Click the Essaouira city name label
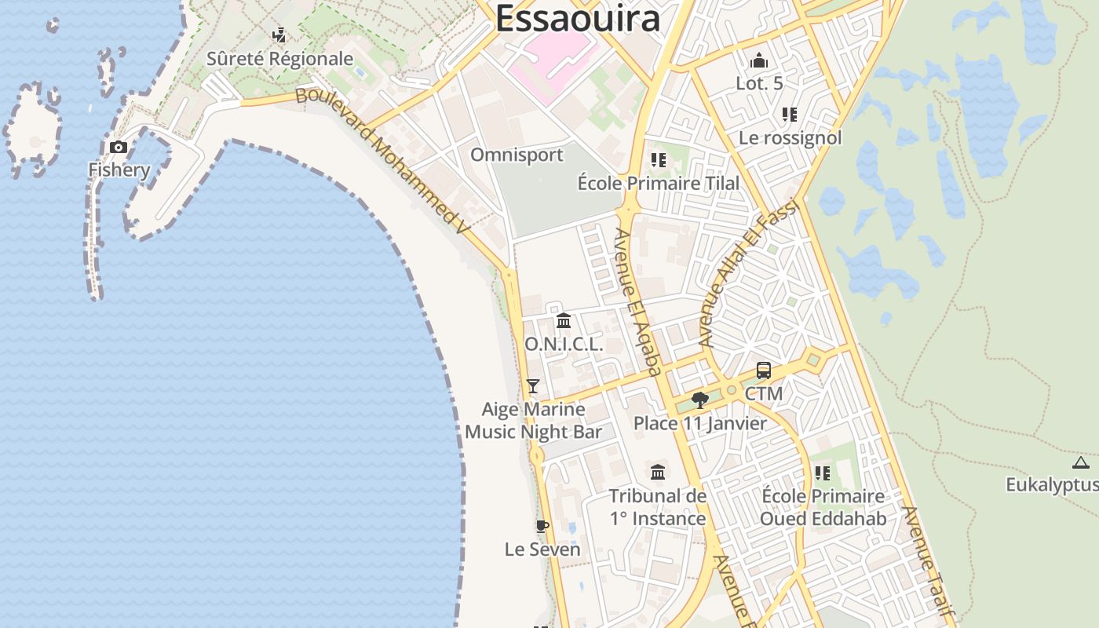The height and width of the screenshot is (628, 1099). pyautogui.click(x=577, y=18)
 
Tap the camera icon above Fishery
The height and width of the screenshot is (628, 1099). pyautogui.click(x=119, y=147)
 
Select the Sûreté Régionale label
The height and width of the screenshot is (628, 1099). pyautogui.click(x=279, y=59)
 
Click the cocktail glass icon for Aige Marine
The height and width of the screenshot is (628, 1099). pyautogui.click(x=533, y=385)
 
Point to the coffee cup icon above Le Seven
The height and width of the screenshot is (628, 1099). pyautogui.click(x=542, y=526)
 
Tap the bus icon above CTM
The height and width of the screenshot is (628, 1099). pyautogui.click(x=763, y=371)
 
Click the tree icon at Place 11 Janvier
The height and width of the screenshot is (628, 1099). pyautogui.click(x=700, y=400)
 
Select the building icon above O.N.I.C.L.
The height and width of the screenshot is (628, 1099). pyautogui.click(x=564, y=320)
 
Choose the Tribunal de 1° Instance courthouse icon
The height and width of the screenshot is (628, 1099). pyautogui.click(x=658, y=472)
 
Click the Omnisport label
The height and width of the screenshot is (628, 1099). pyautogui.click(x=517, y=155)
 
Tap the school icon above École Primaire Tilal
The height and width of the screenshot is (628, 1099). pyautogui.click(x=658, y=160)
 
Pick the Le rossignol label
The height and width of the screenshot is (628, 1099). pyautogui.click(x=790, y=138)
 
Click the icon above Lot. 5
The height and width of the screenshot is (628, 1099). pyautogui.click(x=759, y=60)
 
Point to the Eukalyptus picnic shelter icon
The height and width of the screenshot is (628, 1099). pyautogui.click(x=1081, y=462)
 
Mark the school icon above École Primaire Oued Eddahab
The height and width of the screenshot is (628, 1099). pyautogui.click(x=822, y=473)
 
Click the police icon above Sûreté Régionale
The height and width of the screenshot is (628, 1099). pyautogui.click(x=279, y=35)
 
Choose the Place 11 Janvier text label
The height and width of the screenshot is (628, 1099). pyautogui.click(x=700, y=424)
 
